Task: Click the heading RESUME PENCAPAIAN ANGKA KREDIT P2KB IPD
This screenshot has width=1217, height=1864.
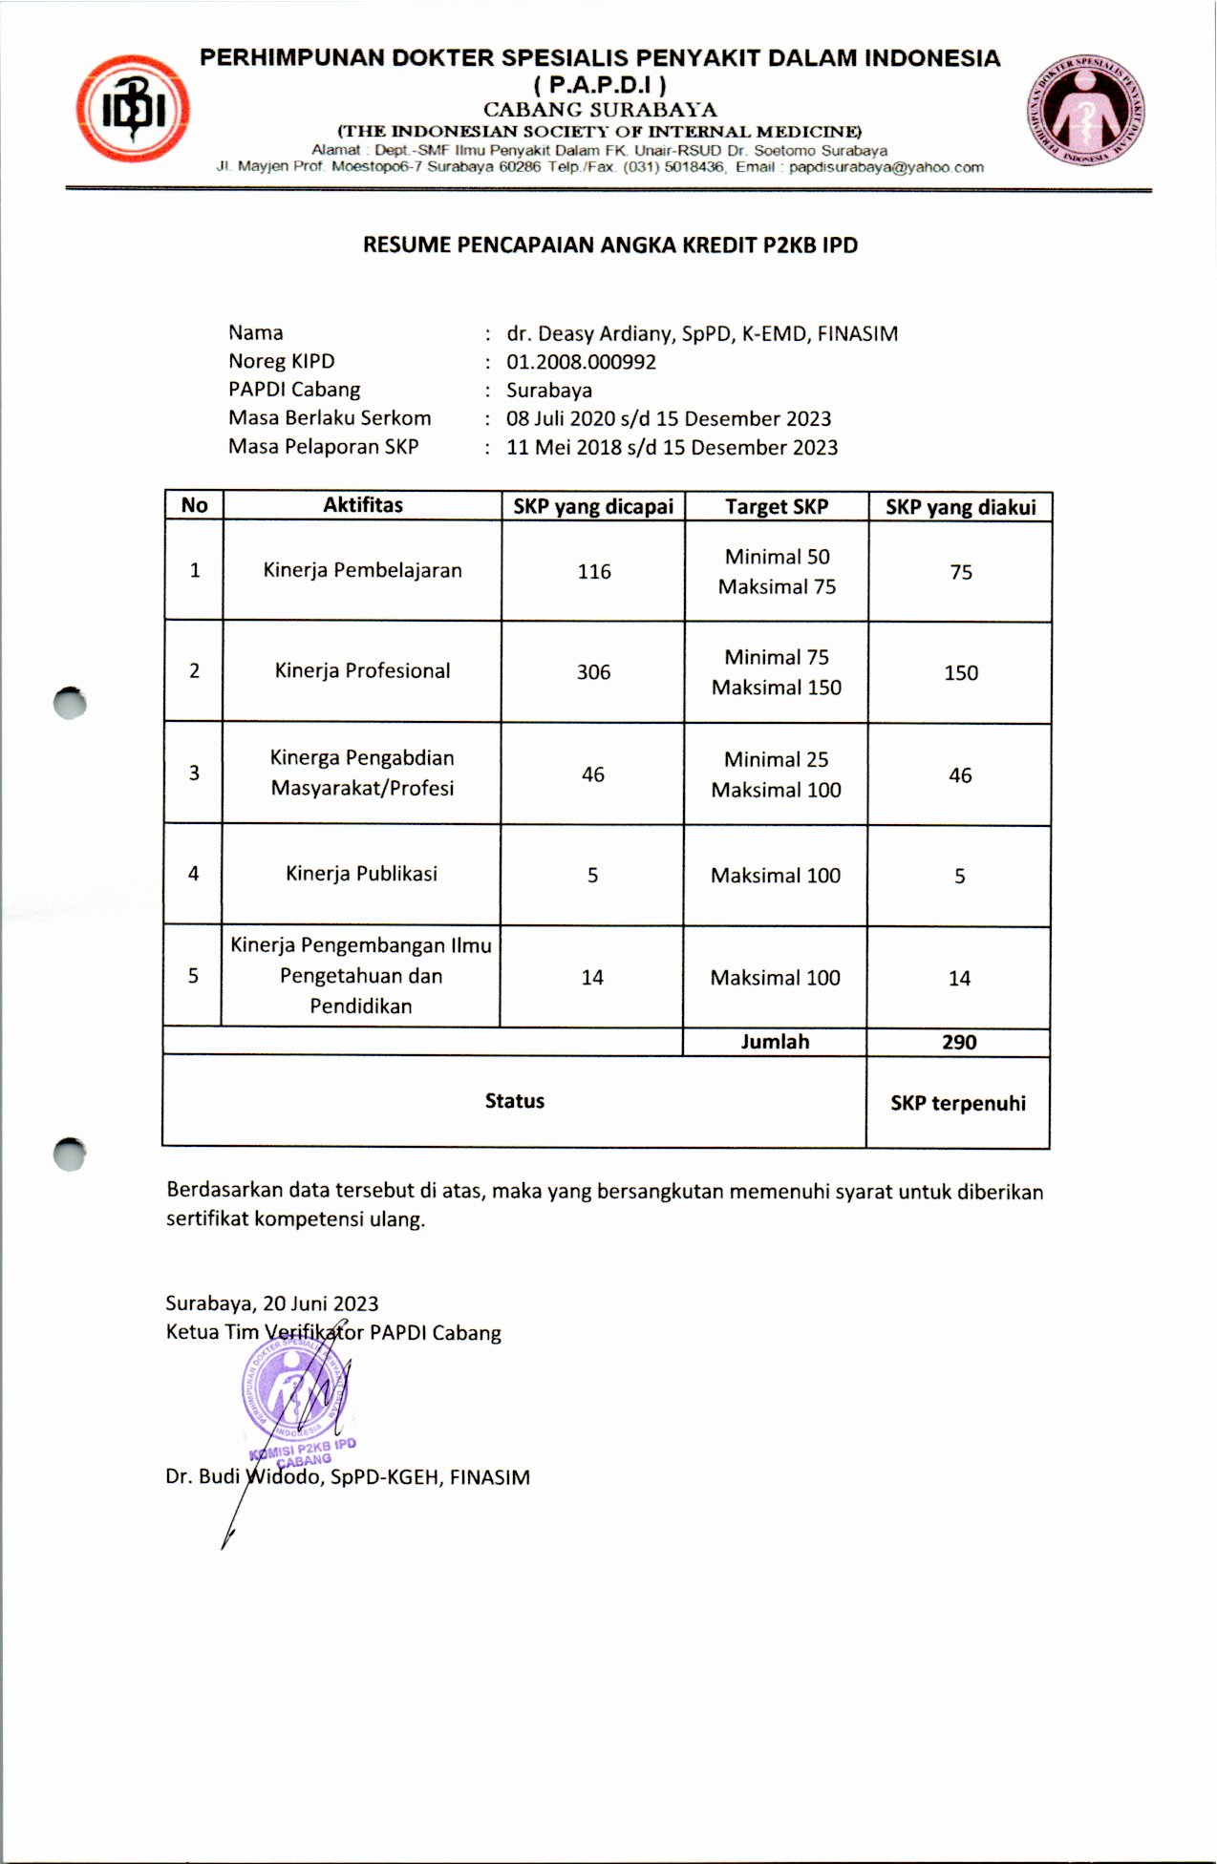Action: (609, 245)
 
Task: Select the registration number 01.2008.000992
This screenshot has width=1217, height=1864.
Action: (581, 362)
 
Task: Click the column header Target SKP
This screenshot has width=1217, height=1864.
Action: (776, 507)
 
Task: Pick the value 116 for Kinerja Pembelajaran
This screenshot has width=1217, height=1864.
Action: (593, 572)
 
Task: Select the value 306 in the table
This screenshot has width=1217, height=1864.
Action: (593, 672)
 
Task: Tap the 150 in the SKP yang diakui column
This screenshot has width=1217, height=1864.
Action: (960, 673)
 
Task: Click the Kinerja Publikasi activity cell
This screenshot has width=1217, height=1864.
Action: (361, 874)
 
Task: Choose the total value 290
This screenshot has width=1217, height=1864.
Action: (959, 1042)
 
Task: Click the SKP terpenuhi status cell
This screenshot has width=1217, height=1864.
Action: (958, 1103)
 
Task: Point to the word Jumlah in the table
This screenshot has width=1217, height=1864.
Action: (775, 1042)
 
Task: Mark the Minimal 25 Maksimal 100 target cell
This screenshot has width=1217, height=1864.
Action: (776, 774)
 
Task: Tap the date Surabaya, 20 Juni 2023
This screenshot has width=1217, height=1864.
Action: (272, 1303)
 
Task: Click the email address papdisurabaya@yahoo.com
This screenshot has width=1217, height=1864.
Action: (886, 167)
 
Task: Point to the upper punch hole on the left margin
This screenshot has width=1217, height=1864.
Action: (70, 704)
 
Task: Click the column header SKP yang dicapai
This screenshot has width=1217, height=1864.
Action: (593, 507)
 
